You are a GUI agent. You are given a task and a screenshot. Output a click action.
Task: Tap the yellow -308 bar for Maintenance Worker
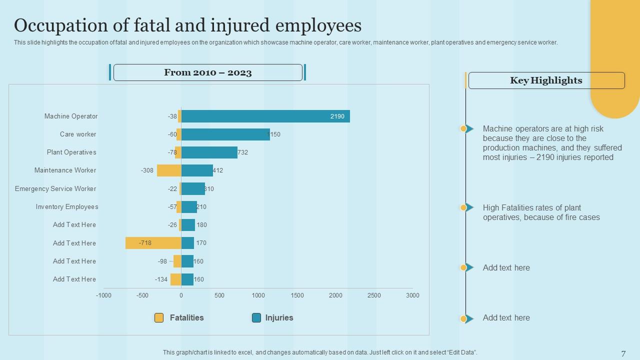[168, 170]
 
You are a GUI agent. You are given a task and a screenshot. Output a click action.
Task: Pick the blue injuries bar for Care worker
[225, 134]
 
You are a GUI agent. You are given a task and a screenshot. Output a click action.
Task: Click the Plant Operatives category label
[71, 152]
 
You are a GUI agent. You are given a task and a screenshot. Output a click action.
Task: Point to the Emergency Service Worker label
[55, 189]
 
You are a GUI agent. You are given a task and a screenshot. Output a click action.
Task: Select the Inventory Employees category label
[67, 207]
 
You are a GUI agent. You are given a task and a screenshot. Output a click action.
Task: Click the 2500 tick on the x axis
[374, 295]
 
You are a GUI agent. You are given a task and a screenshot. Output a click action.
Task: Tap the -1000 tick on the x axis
[103, 295]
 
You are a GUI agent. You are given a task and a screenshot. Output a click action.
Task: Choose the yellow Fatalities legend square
[159, 318]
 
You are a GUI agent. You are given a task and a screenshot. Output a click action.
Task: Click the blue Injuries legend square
[256, 318]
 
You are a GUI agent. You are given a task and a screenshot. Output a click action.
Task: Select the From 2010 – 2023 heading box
[208, 72]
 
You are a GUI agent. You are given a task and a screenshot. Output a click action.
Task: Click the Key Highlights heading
[546, 80]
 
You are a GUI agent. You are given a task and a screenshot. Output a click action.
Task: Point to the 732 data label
[243, 152]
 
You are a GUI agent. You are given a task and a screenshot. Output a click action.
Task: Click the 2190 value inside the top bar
[337, 116]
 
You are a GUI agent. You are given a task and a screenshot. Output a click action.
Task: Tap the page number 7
[623, 353]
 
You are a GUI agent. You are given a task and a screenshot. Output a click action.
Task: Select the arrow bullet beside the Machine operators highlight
[468, 129]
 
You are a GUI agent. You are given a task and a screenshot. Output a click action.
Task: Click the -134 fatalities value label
[161, 279]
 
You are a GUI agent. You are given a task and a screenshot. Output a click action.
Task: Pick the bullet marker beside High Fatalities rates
[467, 207]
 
